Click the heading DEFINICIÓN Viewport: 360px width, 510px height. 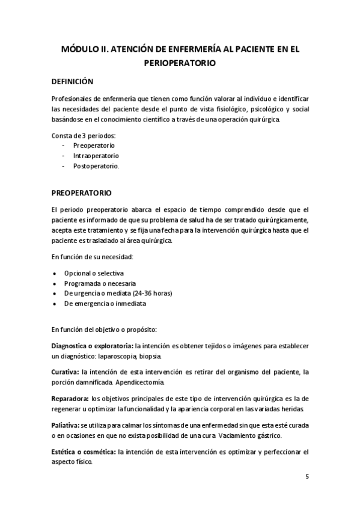pyautogui.click(x=72, y=81)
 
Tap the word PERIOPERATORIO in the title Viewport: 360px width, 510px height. pyautogui.click(x=180, y=61)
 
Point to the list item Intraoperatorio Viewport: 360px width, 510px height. pyautogui.click(x=96, y=156)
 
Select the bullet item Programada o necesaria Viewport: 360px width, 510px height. pyautogui.click(x=100, y=283)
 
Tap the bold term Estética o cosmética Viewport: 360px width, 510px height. pyautogui.click(x=84, y=452)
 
